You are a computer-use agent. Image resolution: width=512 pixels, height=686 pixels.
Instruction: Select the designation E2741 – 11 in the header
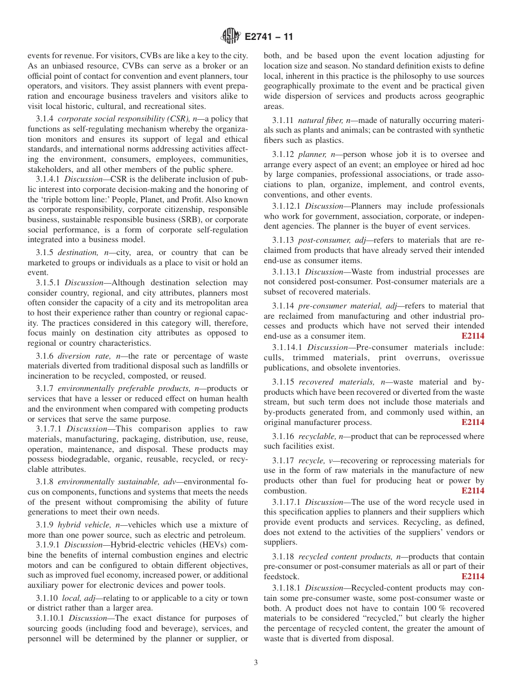tap(268, 37)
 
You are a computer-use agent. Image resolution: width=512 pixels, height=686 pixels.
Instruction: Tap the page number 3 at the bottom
tap(256, 662)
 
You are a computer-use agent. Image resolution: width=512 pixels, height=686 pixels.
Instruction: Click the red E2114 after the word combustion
tap(473, 491)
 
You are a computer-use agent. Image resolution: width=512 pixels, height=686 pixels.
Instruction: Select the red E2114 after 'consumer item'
tap(473, 336)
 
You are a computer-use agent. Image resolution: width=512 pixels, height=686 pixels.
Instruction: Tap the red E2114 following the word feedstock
tap(473, 577)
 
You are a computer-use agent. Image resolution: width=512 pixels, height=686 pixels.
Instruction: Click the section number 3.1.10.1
tap(50, 618)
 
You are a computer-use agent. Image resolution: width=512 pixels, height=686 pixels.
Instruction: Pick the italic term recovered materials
tap(336, 382)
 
